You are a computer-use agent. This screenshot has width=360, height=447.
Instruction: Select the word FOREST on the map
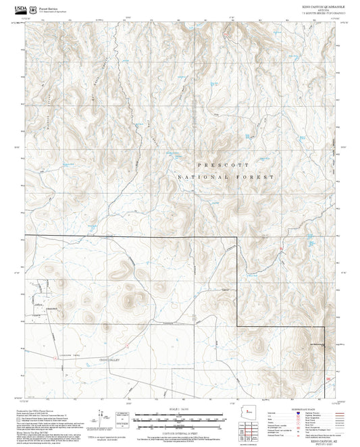[x=255, y=177]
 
